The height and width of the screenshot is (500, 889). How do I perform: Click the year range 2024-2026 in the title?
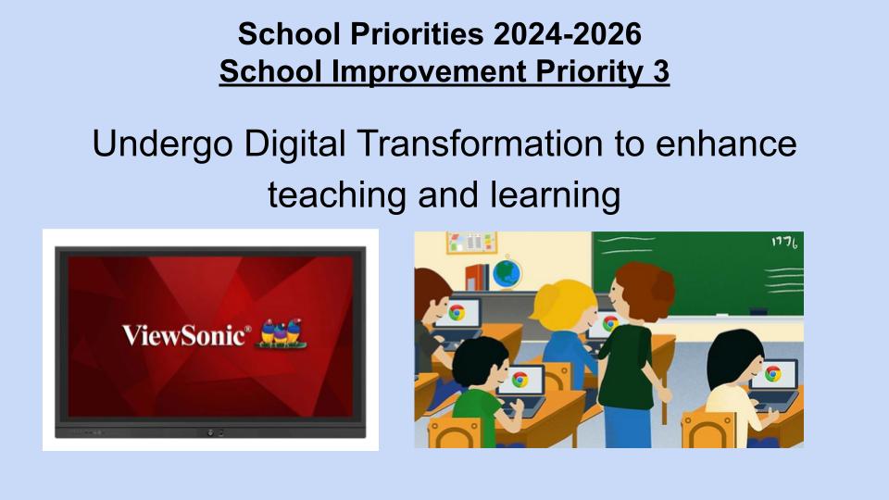[568, 34]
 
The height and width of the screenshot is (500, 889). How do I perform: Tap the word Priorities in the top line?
[417, 34]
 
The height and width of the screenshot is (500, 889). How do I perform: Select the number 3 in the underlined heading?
[660, 71]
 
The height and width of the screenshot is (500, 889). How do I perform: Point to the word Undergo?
[163, 145]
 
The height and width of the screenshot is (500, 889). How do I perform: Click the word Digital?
[294, 145]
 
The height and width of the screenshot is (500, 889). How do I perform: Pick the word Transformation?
[481, 144]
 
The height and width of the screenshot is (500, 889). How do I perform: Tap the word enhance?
[726, 144]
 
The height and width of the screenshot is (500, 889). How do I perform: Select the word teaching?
[337, 195]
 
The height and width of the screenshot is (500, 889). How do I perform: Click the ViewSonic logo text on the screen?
[186, 334]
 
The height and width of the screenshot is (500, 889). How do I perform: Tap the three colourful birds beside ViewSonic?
[281, 332]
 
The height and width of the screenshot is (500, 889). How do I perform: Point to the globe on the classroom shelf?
[507, 273]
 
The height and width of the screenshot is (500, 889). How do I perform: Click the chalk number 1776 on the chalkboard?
[784, 243]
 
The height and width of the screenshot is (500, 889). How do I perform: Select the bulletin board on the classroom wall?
[471, 242]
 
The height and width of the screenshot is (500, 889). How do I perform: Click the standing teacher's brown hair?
[645, 281]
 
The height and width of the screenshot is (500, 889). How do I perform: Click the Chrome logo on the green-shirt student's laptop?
[520, 380]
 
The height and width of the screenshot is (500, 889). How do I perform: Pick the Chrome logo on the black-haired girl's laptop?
[772, 373]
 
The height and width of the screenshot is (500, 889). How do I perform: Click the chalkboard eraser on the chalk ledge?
[758, 311]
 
